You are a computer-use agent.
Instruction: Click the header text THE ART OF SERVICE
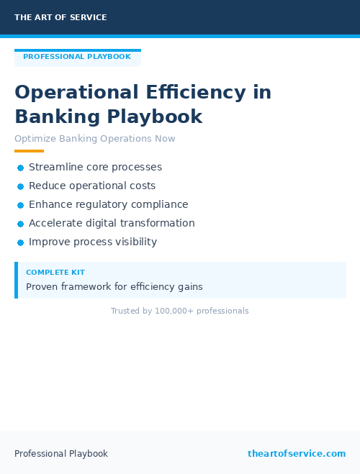(60, 17)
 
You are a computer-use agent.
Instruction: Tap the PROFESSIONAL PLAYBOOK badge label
(77, 57)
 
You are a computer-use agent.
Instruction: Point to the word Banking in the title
(58, 117)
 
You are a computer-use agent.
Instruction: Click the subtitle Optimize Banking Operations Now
(94, 139)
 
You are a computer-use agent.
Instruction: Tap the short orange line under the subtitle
(29, 151)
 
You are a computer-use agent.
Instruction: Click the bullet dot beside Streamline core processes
(20, 168)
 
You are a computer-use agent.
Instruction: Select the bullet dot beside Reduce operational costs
(20, 186)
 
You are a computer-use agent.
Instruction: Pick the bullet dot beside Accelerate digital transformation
(20, 224)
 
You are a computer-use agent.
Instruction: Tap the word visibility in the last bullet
(134, 242)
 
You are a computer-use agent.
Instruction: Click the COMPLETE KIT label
(55, 273)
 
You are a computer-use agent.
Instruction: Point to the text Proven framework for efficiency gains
(114, 286)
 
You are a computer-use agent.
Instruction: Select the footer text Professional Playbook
(61, 454)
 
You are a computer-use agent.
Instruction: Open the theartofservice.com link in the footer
(297, 454)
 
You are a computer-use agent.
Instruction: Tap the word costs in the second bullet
(143, 186)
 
